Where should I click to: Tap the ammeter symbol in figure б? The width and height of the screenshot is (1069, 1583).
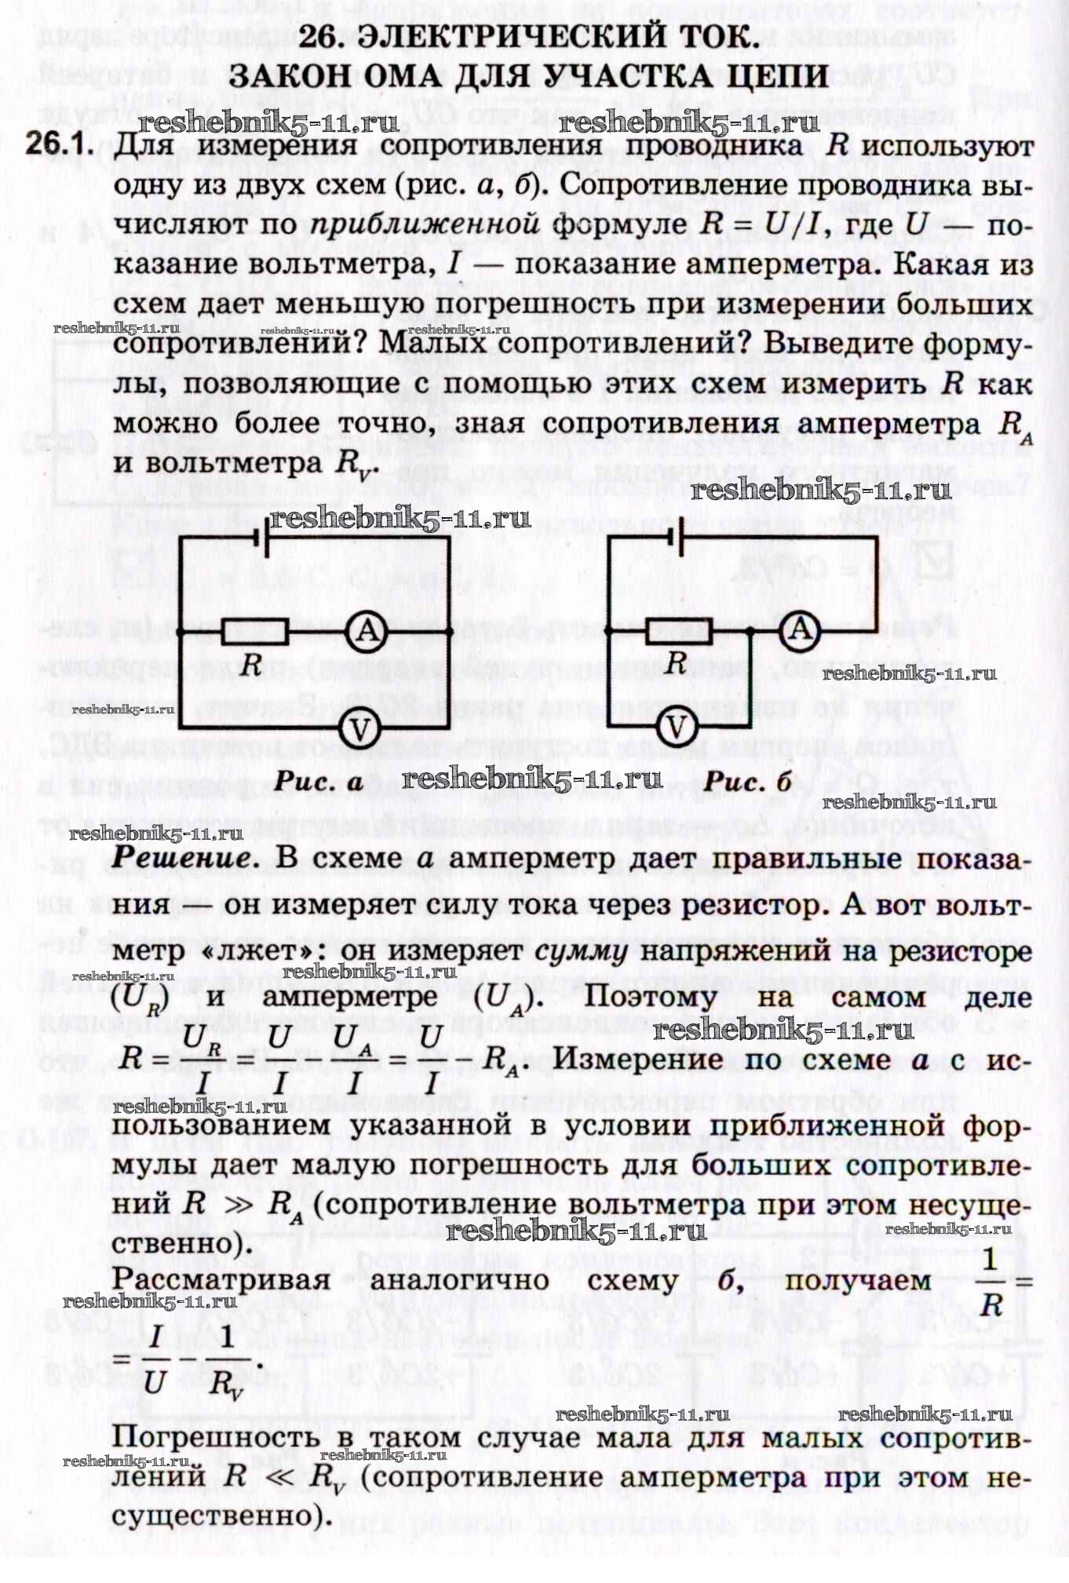tap(800, 629)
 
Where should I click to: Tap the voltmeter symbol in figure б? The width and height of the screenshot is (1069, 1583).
tap(676, 728)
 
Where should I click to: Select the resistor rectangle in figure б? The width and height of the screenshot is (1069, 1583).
tap(678, 629)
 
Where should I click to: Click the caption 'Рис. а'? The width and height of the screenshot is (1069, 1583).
tap(319, 782)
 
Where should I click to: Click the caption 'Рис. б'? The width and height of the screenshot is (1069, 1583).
tap(747, 782)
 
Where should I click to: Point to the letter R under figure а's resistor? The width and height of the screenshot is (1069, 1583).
tap(251, 666)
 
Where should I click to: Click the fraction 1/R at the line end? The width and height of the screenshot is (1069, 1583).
tap(991, 1282)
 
